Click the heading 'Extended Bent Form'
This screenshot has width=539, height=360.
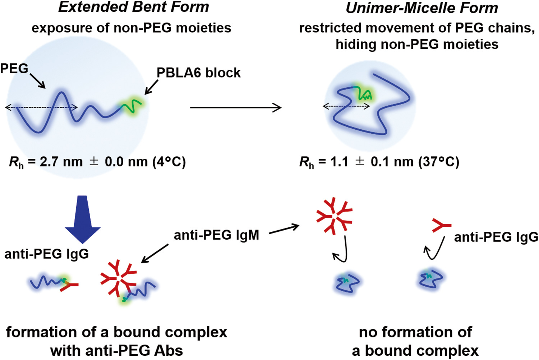[133, 7]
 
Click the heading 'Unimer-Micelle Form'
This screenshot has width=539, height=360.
[421, 8]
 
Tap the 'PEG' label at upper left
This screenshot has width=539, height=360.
[14, 68]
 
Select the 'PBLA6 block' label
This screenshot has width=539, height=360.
[198, 73]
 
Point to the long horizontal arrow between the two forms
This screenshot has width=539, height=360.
[235, 107]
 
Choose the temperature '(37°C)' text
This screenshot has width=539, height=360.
[438, 162]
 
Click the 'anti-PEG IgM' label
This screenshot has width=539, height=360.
[216, 235]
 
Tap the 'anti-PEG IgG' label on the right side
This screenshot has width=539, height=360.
[496, 237]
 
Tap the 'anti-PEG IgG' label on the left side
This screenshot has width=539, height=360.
[46, 254]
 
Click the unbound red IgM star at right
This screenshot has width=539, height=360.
[334, 216]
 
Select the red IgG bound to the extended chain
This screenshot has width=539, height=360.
[69, 285]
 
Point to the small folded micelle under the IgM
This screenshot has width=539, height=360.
[347, 282]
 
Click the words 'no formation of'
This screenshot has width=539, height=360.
[415, 332]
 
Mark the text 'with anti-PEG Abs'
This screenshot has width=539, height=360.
[116, 351]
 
